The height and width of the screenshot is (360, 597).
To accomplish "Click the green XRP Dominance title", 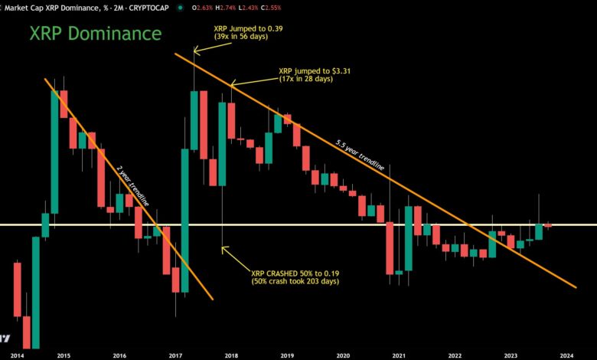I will tap(96, 34).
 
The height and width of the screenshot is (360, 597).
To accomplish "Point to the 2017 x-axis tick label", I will tap(175, 355).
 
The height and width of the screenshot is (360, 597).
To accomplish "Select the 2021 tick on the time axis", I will tap(398, 355).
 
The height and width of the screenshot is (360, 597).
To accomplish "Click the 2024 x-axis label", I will tap(566, 355).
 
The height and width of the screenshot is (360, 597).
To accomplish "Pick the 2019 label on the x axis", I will tap(286, 355).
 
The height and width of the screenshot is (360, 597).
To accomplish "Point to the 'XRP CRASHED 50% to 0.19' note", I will tap(293, 273).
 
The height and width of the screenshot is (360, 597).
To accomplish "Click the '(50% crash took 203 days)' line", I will tap(296, 282).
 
